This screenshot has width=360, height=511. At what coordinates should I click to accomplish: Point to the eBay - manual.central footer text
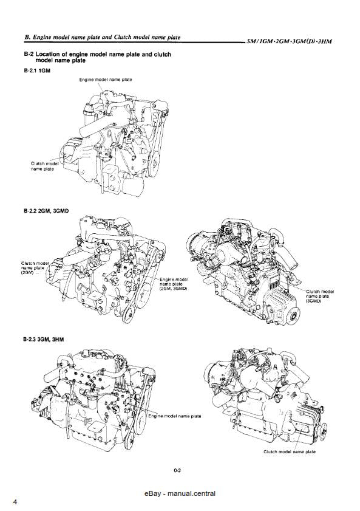[180, 493]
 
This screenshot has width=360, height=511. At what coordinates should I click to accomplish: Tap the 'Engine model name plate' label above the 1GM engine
[106, 80]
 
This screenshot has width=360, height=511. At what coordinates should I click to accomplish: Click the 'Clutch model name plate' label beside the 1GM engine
[43, 166]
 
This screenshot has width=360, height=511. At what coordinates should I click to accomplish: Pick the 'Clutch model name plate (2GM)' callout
[35, 268]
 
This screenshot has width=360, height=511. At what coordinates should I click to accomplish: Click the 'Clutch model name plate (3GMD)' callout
[319, 296]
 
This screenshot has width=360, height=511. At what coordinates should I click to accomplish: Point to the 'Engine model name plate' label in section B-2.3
[175, 416]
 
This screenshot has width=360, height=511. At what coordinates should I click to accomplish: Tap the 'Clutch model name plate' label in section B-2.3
[290, 451]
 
